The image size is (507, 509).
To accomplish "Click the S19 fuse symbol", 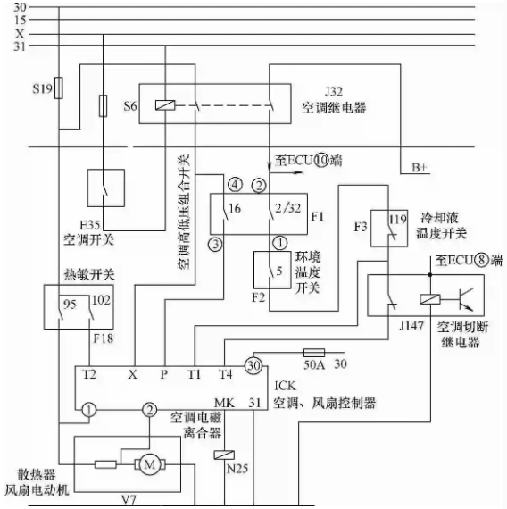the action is point(59,88).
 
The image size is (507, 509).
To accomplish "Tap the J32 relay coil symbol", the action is point(165,105).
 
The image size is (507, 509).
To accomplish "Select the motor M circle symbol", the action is point(150,464).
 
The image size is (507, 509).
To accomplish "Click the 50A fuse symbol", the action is point(314,353).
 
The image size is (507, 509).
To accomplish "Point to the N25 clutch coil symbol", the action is point(224,455).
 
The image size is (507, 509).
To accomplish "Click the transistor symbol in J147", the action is point(465,299).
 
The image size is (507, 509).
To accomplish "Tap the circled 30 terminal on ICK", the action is point(253,365).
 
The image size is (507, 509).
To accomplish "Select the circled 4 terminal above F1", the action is point(235,185).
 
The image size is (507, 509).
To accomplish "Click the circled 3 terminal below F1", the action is point(215,244).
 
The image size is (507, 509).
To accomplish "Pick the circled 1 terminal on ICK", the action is point(89,410).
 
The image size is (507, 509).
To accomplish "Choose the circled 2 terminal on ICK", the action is point(149,410).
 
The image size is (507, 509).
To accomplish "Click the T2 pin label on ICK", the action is point(89,374).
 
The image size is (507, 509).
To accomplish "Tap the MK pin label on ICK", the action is point(224,403).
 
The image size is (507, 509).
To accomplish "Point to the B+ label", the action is point(420,168).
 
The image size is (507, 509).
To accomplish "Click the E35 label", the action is point(90,225).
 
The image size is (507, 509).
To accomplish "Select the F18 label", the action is point(104,338).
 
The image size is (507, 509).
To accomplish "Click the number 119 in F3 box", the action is point(398,220).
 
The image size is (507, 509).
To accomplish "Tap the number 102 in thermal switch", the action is point(101,300).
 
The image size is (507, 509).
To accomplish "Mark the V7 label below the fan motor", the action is point(129,500).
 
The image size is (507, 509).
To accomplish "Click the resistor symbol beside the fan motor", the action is point(105,464).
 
